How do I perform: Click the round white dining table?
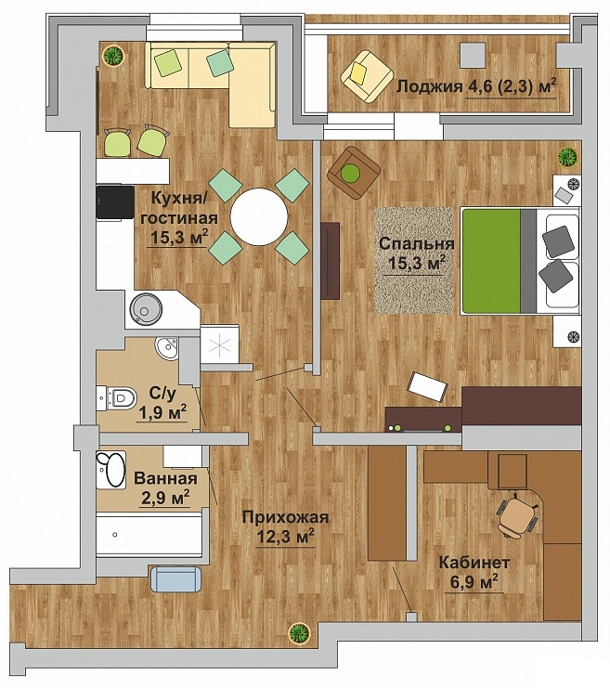point(259,216)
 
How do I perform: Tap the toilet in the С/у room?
point(117,398)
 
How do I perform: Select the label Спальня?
point(417,243)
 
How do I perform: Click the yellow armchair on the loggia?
point(367,77)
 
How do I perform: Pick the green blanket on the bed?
point(491,261)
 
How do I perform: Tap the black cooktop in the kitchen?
point(115,201)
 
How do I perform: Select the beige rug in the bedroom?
point(414,260)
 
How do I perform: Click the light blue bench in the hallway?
point(176,578)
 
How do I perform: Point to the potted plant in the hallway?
point(299,633)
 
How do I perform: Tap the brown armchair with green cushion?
point(354,172)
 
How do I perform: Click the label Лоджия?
point(430,86)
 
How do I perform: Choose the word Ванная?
point(165,478)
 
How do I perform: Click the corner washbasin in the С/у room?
point(168,348)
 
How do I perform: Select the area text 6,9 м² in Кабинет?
point(474,582)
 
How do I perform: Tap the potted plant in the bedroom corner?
point(567,156)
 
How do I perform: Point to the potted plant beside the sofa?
point(113,56)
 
